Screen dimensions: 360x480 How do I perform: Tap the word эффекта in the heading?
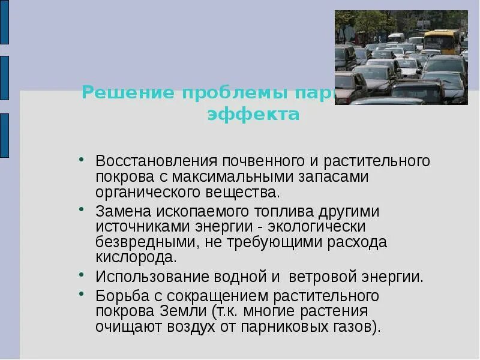pos(253,114)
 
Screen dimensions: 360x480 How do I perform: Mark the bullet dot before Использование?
pos(82,275)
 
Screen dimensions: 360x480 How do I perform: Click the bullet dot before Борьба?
pos(82,294)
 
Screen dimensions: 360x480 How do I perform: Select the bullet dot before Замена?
pos(82,210)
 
